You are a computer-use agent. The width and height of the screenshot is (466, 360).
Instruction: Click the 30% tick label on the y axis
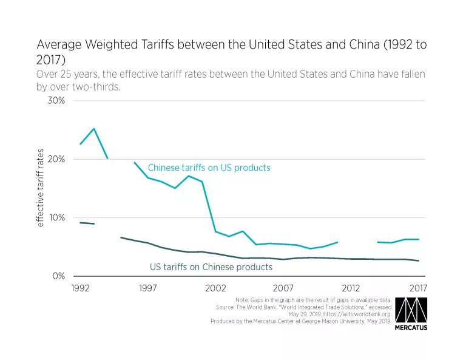(x=56, y=101)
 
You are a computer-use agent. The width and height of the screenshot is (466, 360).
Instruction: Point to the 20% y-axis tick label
(x=56, y=159)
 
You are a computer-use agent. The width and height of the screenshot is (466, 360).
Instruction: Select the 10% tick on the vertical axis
(x=56, y=218)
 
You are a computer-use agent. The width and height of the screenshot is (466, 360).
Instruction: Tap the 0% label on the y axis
(x=59, y=276)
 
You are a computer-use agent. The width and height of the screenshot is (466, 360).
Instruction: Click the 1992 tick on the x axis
(x=81, y=288)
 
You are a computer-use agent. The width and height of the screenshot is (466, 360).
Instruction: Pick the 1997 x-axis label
(x=148, y=288)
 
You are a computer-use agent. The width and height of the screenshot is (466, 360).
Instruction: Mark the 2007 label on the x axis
(x=283, y=288)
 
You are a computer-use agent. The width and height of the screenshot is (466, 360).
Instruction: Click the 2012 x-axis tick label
(x=351, y=288)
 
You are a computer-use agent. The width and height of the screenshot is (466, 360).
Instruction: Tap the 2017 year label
(x=418, y=288)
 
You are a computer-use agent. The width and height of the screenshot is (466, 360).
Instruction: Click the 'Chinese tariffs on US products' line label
(x=209, y=168)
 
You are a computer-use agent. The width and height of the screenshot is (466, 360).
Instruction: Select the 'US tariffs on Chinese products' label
(x=211, y=267)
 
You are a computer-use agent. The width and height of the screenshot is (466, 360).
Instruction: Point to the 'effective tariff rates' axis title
(x=40, y=189)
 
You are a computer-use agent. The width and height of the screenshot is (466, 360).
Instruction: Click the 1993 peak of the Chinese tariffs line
(x=94, y=129)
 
